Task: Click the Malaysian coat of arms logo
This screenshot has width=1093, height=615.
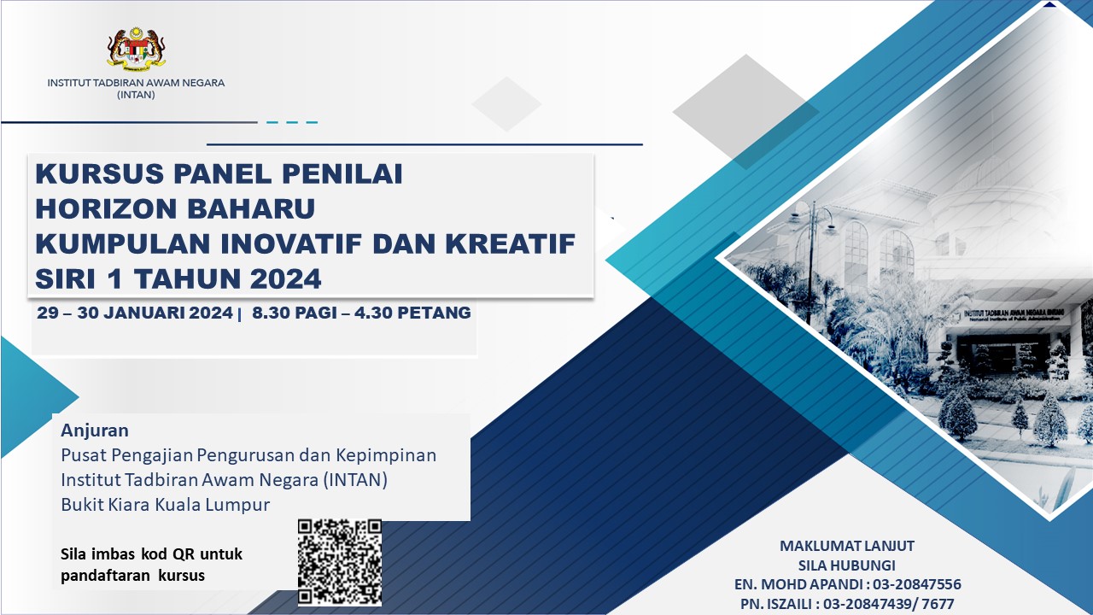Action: (136, 49)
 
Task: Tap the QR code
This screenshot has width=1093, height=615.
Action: (340, 562)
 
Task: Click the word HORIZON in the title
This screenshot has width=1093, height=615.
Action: (106, 208)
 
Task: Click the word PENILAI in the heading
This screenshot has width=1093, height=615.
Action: (342, 173)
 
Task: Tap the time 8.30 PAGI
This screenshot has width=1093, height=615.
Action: (295, 313)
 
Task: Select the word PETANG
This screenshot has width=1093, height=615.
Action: (434, 313)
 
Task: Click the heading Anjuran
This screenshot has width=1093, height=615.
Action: (95, 430)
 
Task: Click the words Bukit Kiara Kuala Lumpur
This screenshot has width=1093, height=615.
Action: (165, 504)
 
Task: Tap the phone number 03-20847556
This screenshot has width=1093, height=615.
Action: (917, 584)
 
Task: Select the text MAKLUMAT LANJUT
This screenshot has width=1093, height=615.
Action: (846, 546)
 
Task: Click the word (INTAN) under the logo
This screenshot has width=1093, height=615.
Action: (136, 95)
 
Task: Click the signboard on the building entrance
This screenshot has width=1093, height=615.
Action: (1014, 314)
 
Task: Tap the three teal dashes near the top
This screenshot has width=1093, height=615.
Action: (292, 122)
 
